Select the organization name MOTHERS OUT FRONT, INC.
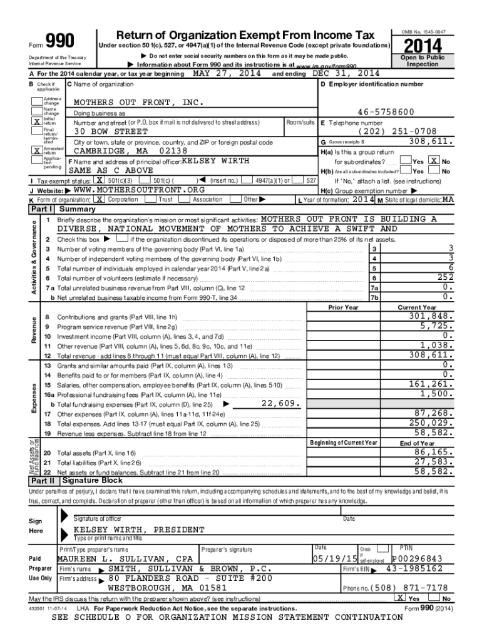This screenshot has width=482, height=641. coord(138,102)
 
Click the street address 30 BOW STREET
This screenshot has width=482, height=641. coord(111,132)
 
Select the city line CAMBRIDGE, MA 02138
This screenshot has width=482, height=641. coord(130,151)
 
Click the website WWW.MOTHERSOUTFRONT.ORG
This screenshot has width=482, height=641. coord(139,190)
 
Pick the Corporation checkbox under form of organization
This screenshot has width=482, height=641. coord(98,199)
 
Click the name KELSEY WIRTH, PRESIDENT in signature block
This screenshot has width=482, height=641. coord(139,529)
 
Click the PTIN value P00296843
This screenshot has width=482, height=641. coord(417,558)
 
